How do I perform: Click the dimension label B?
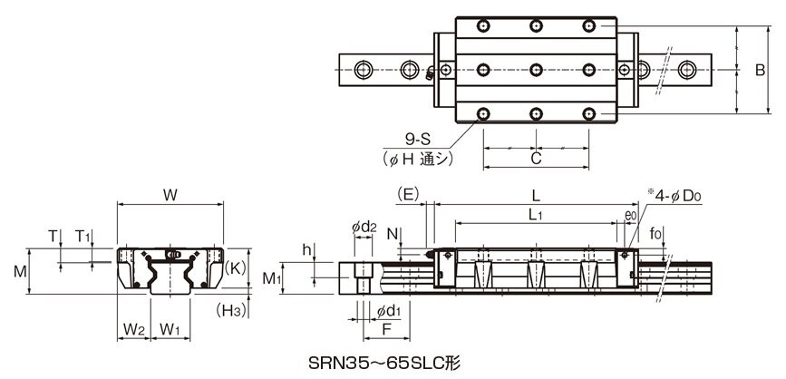pos(760,71)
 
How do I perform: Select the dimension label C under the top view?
pos(536,159)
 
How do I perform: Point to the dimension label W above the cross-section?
pos(170,196)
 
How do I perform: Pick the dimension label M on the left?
pos(20,272)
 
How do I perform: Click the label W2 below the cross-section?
pos(134,329)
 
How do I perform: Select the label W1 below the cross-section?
pos(170,329)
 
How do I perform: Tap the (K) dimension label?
pos(235,268)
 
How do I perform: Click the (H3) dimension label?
pos(231,311)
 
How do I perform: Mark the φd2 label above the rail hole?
pos(364,227)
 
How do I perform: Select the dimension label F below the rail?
pos(386,329)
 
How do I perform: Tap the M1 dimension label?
pos(271,278)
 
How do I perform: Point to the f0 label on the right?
pos(655,234)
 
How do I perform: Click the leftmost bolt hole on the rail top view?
pos(364,69)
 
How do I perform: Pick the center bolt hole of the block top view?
pos(536,69)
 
